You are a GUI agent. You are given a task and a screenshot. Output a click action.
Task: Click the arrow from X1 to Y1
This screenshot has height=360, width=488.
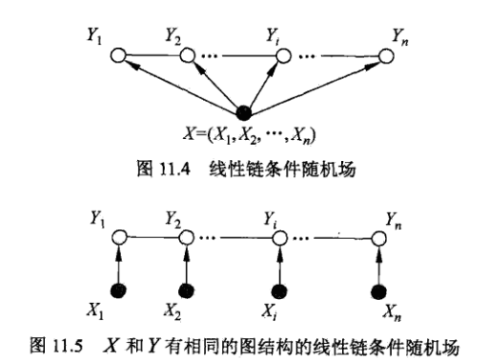[x=118, y=263]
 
